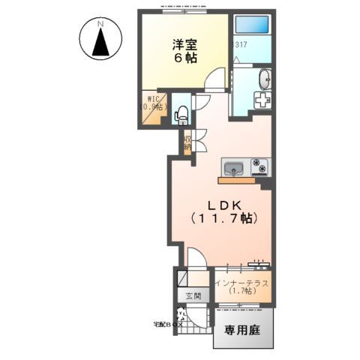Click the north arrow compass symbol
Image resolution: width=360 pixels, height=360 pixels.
point(100,44)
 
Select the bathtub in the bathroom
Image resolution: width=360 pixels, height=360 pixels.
point(253,25)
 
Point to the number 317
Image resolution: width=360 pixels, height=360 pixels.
point(241,46)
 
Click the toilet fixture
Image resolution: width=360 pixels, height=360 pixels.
point(181,113)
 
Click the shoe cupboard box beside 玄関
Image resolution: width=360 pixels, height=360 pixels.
point(184,279)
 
